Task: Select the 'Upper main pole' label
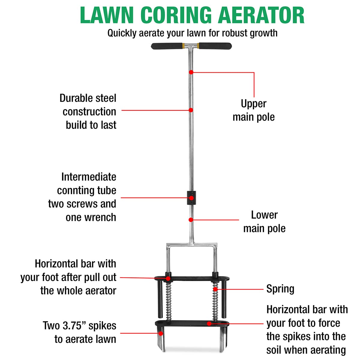(x=253, y=110)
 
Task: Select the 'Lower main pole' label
(x=264, y=222)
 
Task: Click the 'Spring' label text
(x=280, y=289)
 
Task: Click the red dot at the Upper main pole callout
(x=191, y=72)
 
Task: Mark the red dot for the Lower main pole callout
(x=191, y=220)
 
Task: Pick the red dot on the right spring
(x=215, y=289)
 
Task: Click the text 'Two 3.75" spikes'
(x=79, y=325)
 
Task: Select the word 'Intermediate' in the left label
(x=88, y=177)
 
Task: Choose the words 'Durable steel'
(x=88, y=98)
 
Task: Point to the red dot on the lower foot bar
(x=209, y=323)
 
